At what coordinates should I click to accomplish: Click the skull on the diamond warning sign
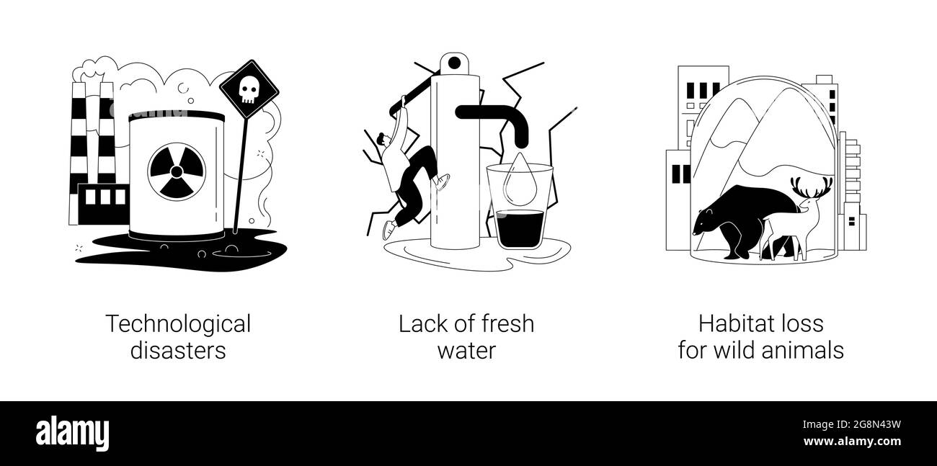(x=248, y=90)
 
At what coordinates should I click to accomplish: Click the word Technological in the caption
(x=178, y=324)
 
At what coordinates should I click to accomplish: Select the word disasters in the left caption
(x=178, y=350)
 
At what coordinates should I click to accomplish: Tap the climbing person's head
(x=383, y=139)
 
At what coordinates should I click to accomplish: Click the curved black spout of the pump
(x=505, y=119)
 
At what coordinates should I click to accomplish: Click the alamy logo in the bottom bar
(x=73, y=433)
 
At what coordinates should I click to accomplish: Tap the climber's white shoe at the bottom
(x=389, y=229)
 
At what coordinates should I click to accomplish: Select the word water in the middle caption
(x=467, y=350)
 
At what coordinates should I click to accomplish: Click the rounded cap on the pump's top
(x=455, y=63)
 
